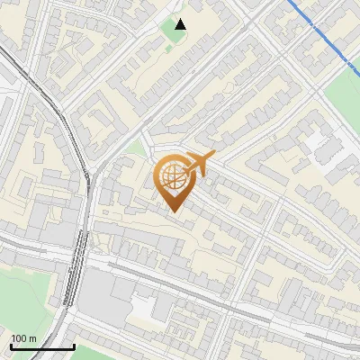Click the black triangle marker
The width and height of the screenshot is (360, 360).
tap(181, 24)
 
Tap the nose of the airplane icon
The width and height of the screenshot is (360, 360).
tap(212, 157)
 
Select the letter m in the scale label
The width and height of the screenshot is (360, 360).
tap(32, 338)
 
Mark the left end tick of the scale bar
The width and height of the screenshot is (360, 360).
tap(11, 346)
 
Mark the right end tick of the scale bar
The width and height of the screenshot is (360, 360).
tap(74, 346)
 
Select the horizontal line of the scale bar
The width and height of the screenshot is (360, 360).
tap(42, 347)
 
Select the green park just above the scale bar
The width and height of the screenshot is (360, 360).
tap(27, 297)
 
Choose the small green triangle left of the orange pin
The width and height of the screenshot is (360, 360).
tap(136, 148)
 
